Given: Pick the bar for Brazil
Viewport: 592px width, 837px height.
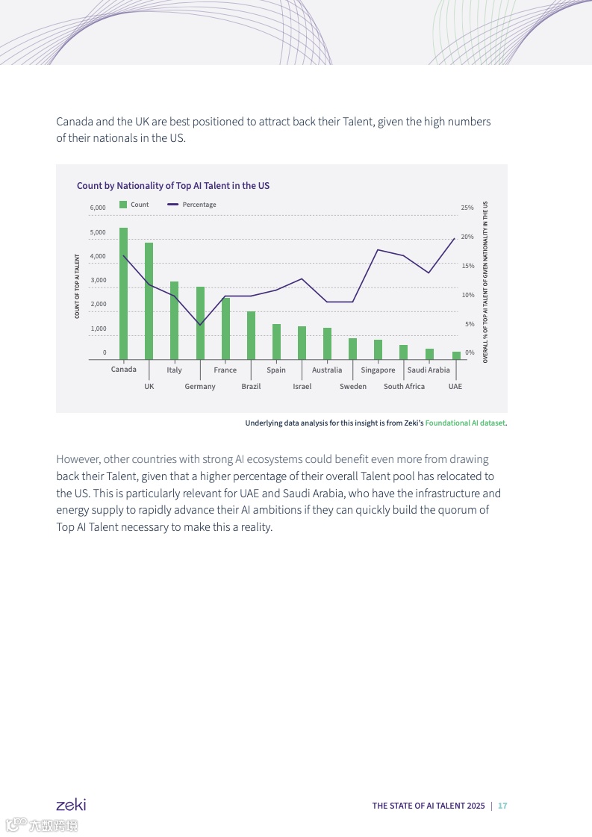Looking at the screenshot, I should tap(251, 335).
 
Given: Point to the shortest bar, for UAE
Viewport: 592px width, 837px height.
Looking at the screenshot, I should tap(455, 355).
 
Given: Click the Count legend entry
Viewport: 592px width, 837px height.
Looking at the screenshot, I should tap(134, 205).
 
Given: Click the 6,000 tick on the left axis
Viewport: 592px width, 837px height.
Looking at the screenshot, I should tap(98, 208).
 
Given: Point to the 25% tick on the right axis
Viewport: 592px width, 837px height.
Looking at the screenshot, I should tap(467, 208).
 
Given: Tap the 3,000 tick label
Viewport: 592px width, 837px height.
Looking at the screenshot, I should tap(98, 280).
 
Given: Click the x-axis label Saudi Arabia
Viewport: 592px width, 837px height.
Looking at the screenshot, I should tap(429, 370).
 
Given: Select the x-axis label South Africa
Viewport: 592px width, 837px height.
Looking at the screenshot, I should tap(404, 387).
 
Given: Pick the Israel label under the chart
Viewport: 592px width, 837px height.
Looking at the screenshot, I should tap(302, 387).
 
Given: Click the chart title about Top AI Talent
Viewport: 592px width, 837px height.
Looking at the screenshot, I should tap(173, 185).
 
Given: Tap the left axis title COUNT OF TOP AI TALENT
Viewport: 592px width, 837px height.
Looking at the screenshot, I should tap(77, 287).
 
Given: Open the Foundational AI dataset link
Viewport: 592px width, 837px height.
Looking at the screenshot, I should tap(465, 423).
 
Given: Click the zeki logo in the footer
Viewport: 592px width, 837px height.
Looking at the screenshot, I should tap(71, 805).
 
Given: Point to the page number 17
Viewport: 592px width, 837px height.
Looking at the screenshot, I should tap(502, 806).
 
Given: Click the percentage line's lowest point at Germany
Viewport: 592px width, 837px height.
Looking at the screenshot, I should tap(200, 325).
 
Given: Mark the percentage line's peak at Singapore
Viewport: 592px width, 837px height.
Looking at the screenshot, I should tap(378, 249).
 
